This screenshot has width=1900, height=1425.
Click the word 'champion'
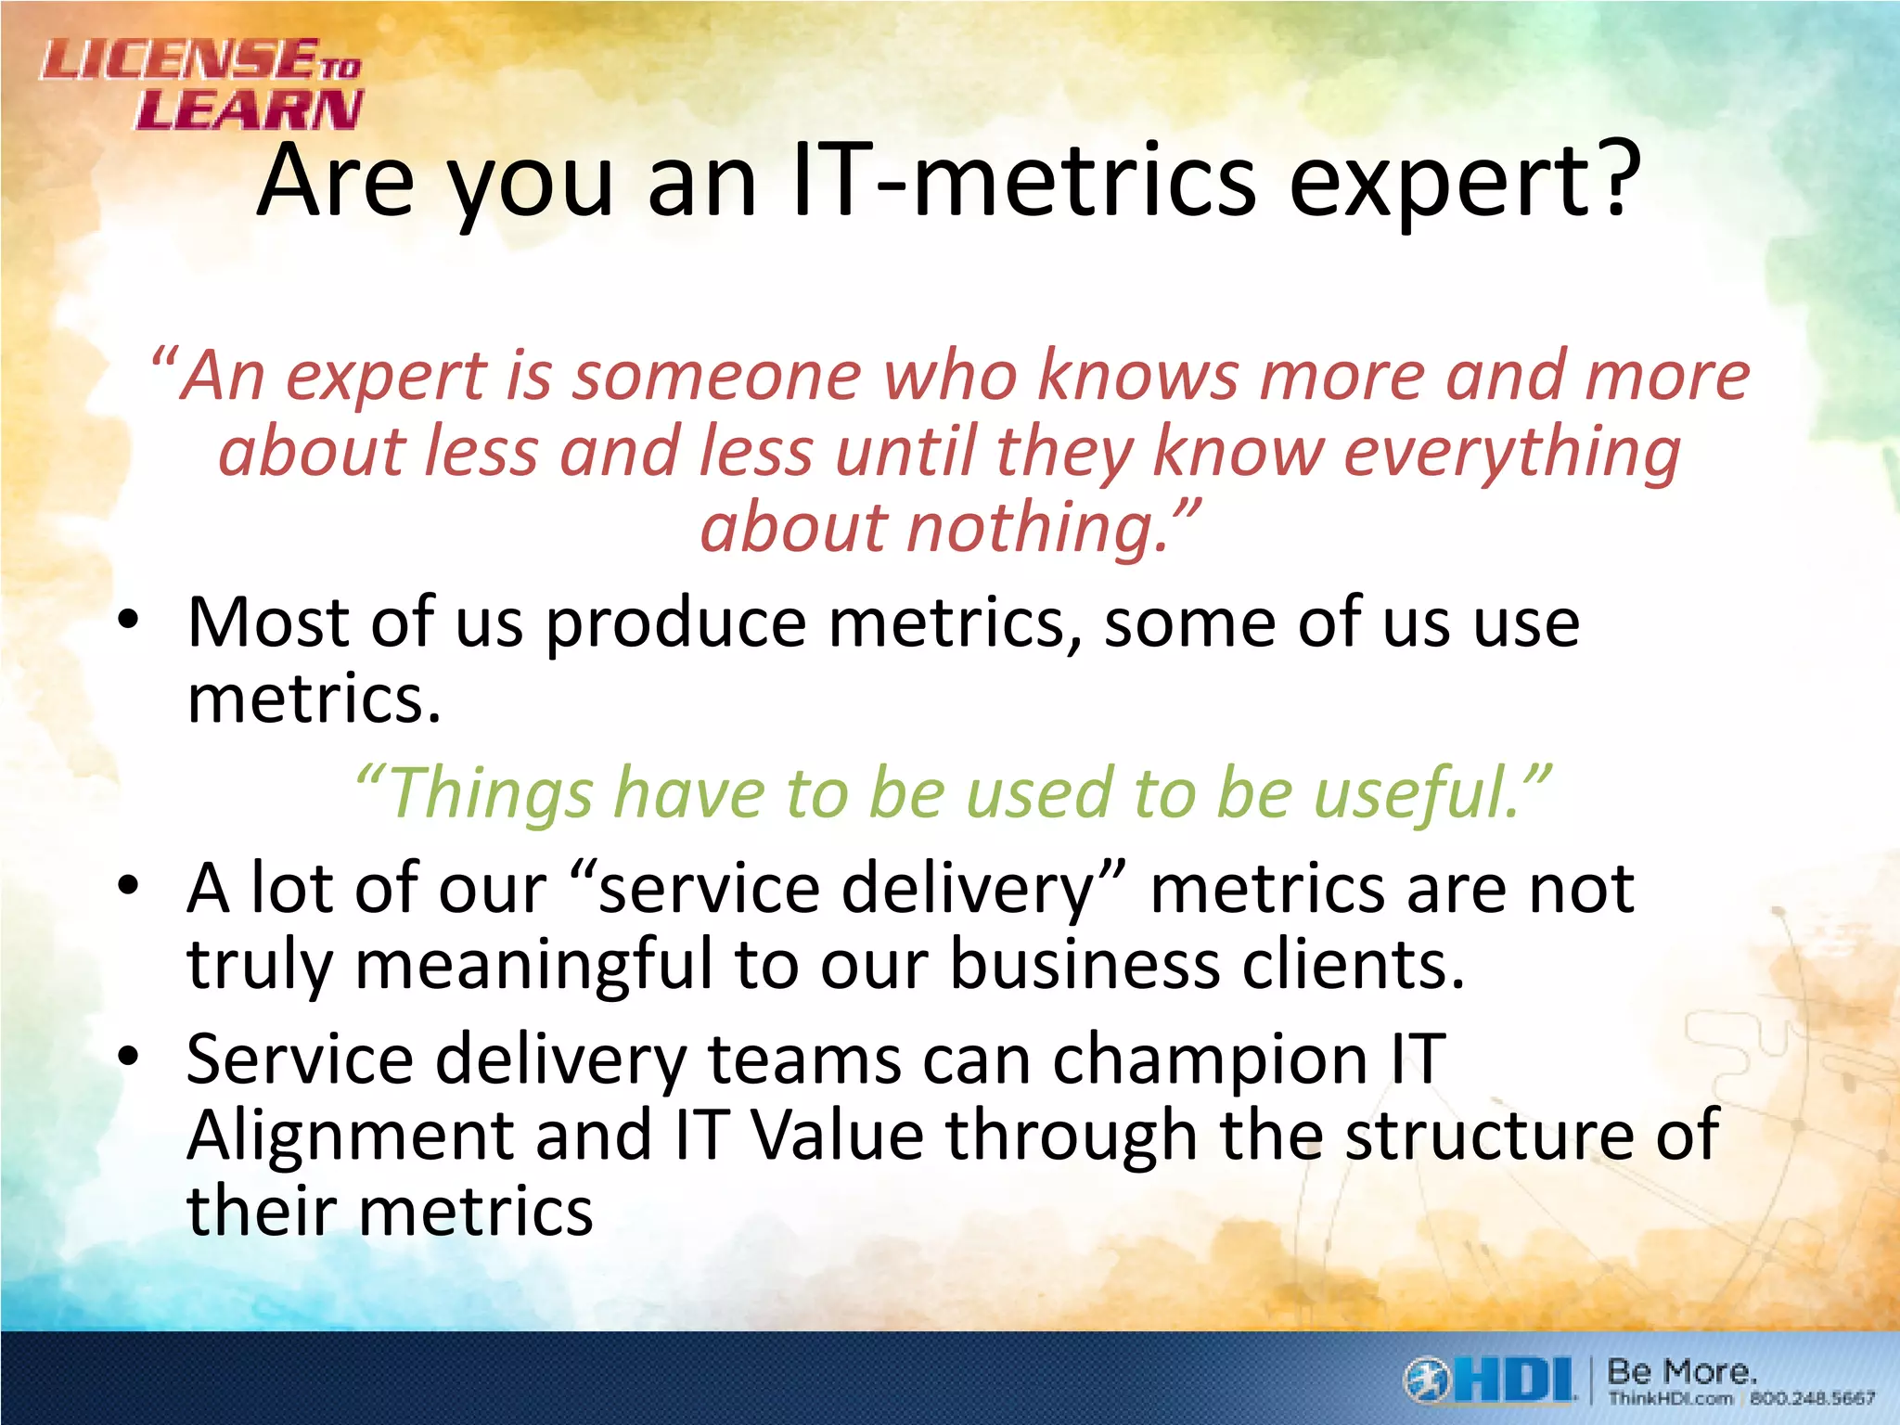tap(1210, 1059)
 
